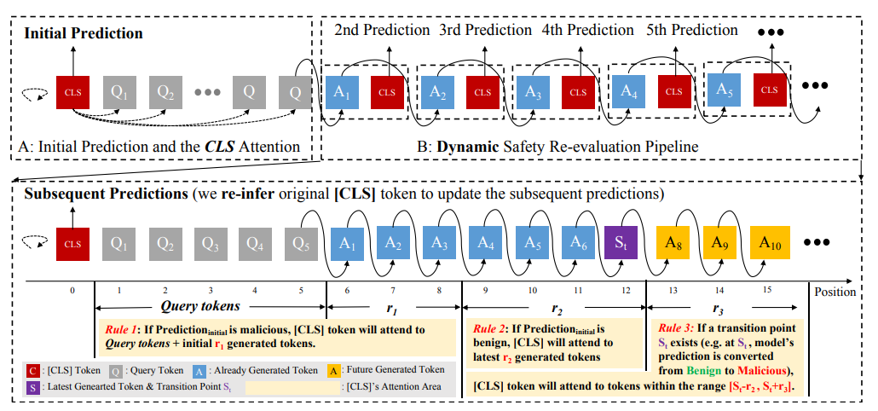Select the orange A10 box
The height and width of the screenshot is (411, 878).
(771, 241)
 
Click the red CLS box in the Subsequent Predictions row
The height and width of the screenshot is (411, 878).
(72, 242)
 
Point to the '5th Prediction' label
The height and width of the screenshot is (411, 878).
(691, 30)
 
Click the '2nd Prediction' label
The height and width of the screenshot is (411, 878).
(381, 30)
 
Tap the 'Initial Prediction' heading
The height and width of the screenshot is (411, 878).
(83, 33)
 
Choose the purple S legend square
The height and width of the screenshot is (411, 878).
(30, 386)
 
